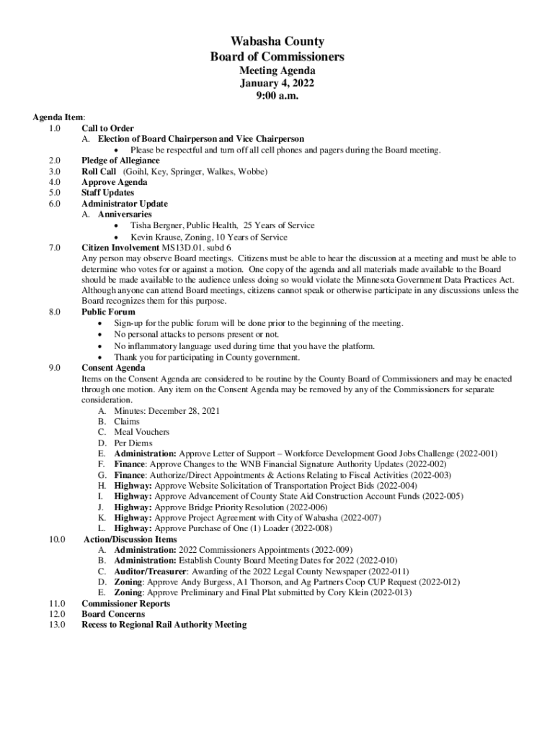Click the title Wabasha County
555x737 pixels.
click(x=277, y=42)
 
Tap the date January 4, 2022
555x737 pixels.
click(x=277, y=83)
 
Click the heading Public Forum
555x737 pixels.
click(x=108, y=312)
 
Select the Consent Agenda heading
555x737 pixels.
click(x=113, y=368)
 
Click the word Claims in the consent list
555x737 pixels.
click(x=127, y=421)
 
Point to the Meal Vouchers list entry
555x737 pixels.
click(x=142, y=432)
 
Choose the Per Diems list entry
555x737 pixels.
click(x=133, y=443)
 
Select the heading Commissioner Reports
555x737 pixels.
click(x=126, y=603)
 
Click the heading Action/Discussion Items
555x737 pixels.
click(x=130, y=539)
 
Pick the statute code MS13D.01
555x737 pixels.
click(x=182, y=248)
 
